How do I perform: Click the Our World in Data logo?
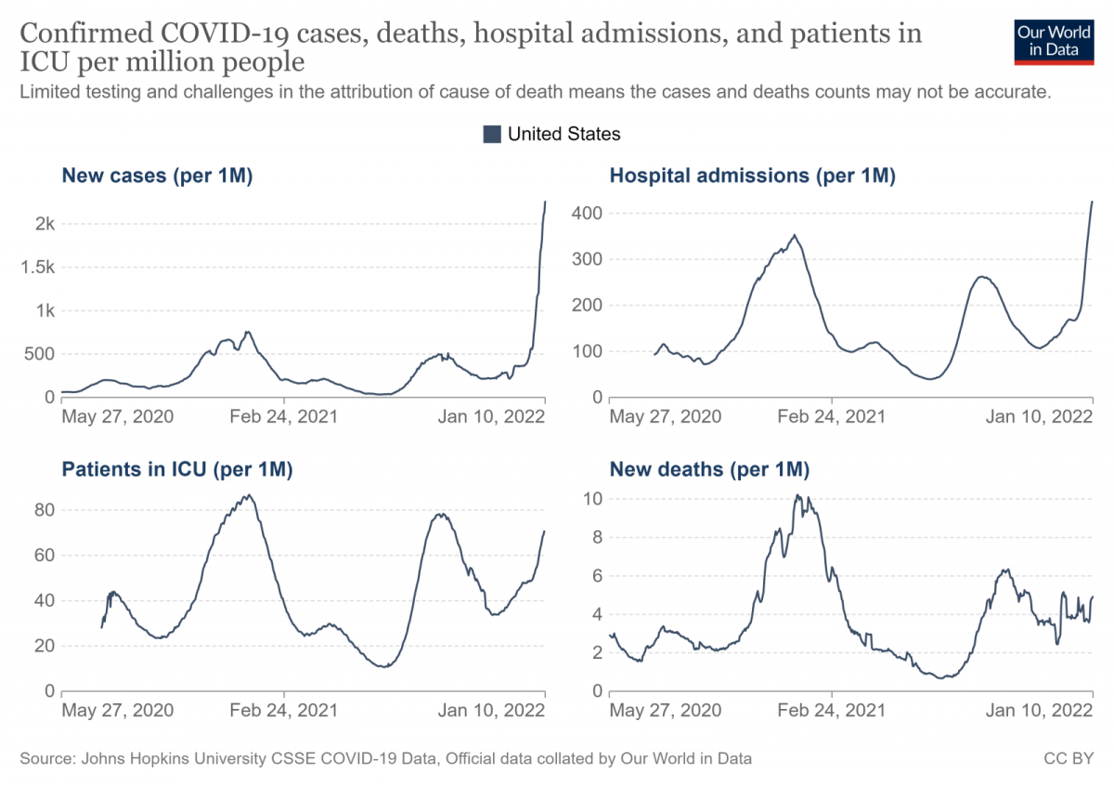tap(1054, 40)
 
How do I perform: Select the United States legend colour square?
tap(492, 134)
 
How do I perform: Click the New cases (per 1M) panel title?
tap(157, 176)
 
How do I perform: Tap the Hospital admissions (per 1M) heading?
tap(752, 176)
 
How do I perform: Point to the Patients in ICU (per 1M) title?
tap(177, 470)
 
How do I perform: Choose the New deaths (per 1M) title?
tap(709, 470)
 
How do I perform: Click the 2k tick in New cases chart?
tap(45, 224)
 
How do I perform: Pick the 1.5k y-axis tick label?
tap(38, 268)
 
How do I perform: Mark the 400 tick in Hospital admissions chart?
tap(589, 214)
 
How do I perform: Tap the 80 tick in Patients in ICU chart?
tap(44, 510)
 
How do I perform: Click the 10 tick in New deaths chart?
tap(593, 499)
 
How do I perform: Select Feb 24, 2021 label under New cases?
tap(284, 415)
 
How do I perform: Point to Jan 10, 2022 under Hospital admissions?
tap(1039, 415)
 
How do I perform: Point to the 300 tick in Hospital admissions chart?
tap(589, 259)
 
